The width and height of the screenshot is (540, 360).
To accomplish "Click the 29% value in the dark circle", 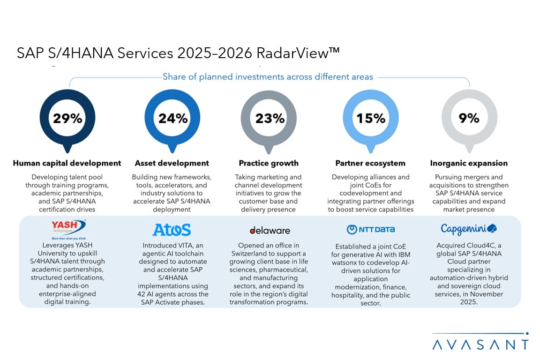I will click(67, 118).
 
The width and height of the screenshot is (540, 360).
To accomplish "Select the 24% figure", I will click(172, 118).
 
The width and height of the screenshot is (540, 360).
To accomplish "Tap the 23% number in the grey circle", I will click(270, 118).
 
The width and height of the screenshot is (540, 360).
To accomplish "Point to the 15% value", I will click(370, 118).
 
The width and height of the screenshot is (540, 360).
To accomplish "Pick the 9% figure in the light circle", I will click(469, 118).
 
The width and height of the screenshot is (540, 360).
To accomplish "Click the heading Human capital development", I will click(67, 163).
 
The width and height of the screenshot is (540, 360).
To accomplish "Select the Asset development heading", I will click(172, 163).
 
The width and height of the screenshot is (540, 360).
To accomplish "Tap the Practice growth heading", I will click(269, 163).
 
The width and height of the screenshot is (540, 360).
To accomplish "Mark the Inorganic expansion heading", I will click(469, 163).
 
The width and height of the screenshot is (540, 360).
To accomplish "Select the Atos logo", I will click(172, 230).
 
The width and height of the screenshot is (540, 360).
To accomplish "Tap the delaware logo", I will click(270, 230).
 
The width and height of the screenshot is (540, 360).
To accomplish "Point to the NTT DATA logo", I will click(370, 230).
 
